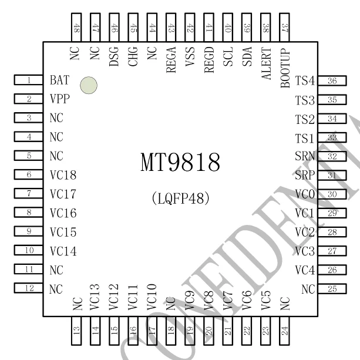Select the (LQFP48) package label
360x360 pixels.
click(x=181, y=198)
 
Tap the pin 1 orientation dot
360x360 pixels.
click(x=89, y=86)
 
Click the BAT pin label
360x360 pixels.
click(x=60, y=80)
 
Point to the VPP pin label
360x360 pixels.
click(x=60, y=99)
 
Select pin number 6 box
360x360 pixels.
click(x=28, y=174)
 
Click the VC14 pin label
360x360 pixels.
click(x=63, y=251)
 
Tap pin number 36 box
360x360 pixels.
click(x=332, y=81)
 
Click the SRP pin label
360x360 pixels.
click(x=305, y=176)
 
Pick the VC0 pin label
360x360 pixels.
click(x=305, y=194)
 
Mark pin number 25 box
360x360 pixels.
click(x=332, y=288)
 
